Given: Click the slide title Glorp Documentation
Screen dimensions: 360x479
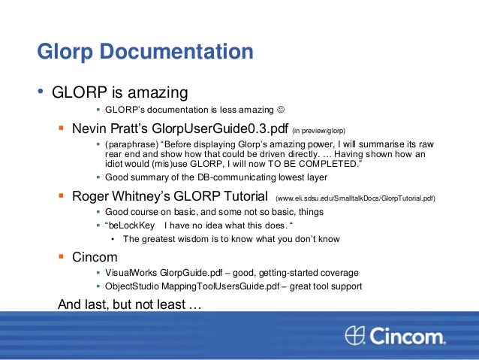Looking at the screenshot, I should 145,52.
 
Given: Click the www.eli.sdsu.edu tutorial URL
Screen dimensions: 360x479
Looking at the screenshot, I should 355,198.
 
